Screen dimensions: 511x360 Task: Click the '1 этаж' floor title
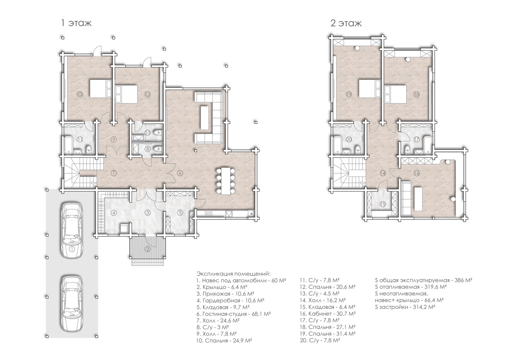[x=76, y=23]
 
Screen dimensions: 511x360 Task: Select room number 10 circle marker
[x=80, y=94]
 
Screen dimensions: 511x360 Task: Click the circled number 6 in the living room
[x=180, y=173]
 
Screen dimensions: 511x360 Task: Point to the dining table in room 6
[x=226, y=181]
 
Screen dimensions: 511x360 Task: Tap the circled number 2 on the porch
[x=148, y=249]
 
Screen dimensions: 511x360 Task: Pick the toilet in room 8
[x=158, y=149]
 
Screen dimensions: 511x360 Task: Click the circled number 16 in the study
[x=416, y=173]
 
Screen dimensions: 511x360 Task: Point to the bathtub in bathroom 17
[x=428, y=144]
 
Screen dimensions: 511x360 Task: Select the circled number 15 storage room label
[x=382, y=204]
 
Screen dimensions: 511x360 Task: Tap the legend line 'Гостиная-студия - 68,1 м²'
[x=234, y=314]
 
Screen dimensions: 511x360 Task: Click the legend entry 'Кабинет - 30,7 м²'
[x=328, y=314]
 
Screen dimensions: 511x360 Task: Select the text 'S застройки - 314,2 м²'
[x=405, y=307]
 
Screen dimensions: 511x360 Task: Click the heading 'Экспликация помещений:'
[x=234, y=274]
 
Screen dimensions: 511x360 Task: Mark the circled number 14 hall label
[x=382, y=173]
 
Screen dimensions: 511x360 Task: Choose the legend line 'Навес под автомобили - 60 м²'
[x=241, y=280]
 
